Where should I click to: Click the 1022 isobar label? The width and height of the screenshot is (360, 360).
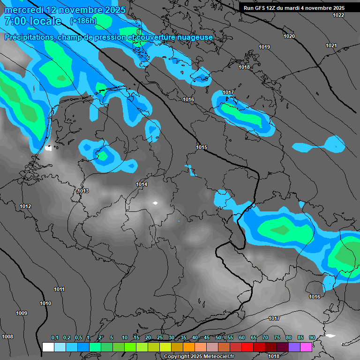(x=338, y=15)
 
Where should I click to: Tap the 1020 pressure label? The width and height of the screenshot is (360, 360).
(x=289, y=36)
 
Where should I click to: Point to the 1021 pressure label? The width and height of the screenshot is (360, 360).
(x=331, y=45)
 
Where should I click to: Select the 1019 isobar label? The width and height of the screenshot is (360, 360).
(x=264, y=47)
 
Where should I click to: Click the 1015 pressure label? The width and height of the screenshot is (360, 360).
(x=202, y=148)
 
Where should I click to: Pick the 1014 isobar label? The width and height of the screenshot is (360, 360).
(x=142, y=185)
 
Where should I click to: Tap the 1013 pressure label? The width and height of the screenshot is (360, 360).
(x=83, y=191)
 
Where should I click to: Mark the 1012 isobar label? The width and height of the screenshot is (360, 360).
(x=25, y=207)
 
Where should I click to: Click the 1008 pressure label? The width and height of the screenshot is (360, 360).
(x=7, y=337)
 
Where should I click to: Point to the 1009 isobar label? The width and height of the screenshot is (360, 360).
(x=22, y=313)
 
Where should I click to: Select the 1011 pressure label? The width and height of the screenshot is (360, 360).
(x=59, y=289)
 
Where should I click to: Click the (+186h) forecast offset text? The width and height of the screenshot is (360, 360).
(x=83, y=21)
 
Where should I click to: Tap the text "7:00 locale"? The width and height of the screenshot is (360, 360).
(x=33, y=21)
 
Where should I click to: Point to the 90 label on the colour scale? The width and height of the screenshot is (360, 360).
(x=312, y=338)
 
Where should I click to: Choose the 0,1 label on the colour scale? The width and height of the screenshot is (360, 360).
(x=55, y=338)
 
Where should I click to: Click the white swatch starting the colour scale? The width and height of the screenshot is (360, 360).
(x=48, y=347)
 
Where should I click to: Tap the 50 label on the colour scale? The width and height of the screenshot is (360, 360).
(x=218, y=338)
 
